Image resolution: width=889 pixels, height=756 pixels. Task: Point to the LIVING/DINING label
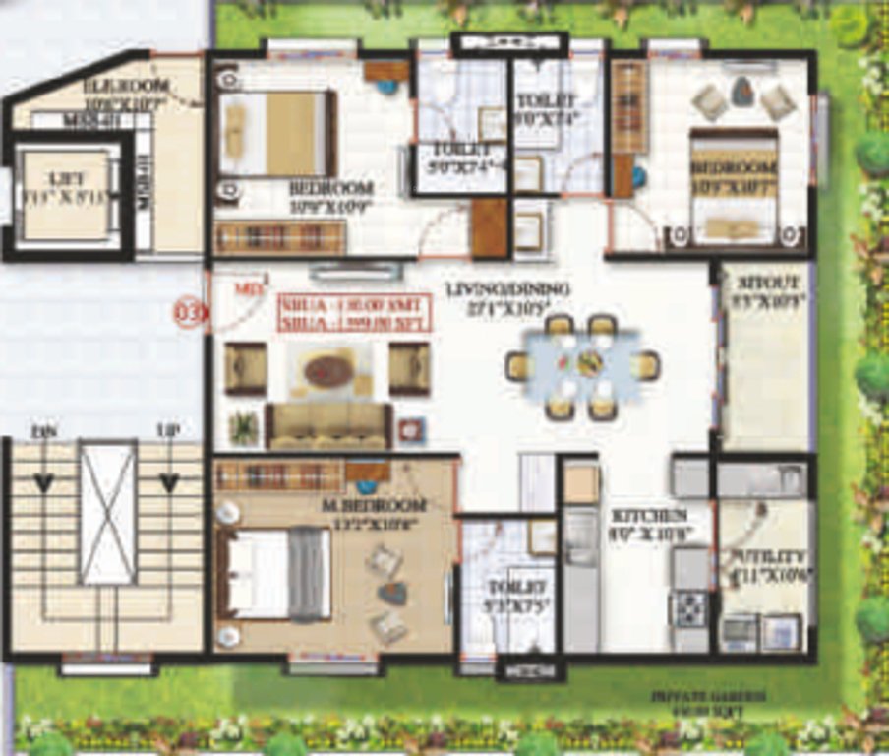pos(507,289)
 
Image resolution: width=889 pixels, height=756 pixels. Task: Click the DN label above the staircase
pos(43,431)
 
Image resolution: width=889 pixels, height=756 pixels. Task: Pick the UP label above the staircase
pos(168,431)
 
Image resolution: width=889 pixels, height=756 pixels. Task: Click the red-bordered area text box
pos(353,312)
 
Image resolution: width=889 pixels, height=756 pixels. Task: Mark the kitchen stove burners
pos(688,606)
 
